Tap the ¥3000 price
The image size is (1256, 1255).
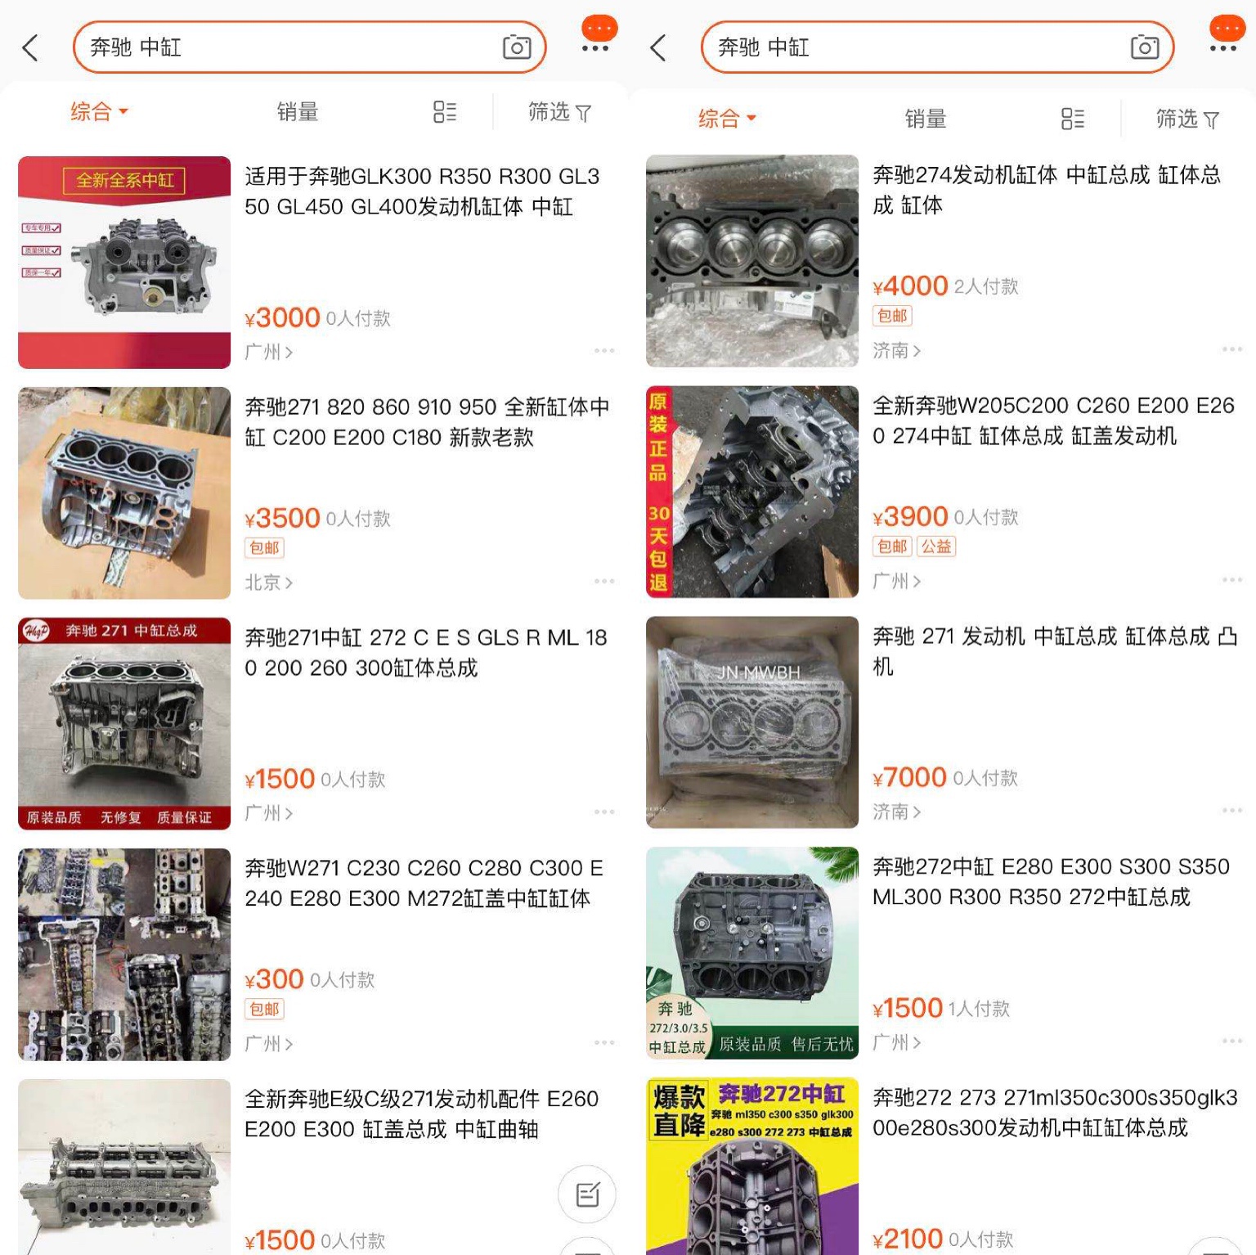[282, 317]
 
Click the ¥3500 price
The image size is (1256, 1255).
[282, 518]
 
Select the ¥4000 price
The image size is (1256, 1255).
[910, 286]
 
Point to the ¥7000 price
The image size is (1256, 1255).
[909, 777]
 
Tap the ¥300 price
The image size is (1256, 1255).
[274, 979]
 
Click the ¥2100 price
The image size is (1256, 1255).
[908, 1239]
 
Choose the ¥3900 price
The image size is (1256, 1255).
[910, 517]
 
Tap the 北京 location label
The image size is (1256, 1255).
[263, 583]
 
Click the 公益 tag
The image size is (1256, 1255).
[936, 547]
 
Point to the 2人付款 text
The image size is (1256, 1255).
[986, 286]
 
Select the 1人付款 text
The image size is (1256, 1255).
[979, 1009]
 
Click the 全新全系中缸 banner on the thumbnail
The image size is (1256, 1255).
[124, 180]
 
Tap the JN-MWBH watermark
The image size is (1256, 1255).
[758, 672]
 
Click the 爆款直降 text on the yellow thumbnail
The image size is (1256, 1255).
[679, 1111]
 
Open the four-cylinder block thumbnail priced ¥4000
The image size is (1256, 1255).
[752, 261]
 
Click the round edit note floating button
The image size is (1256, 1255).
[587, 1194]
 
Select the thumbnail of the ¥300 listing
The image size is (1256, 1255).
[124, 955]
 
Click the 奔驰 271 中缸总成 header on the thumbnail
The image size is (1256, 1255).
[131, 631]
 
